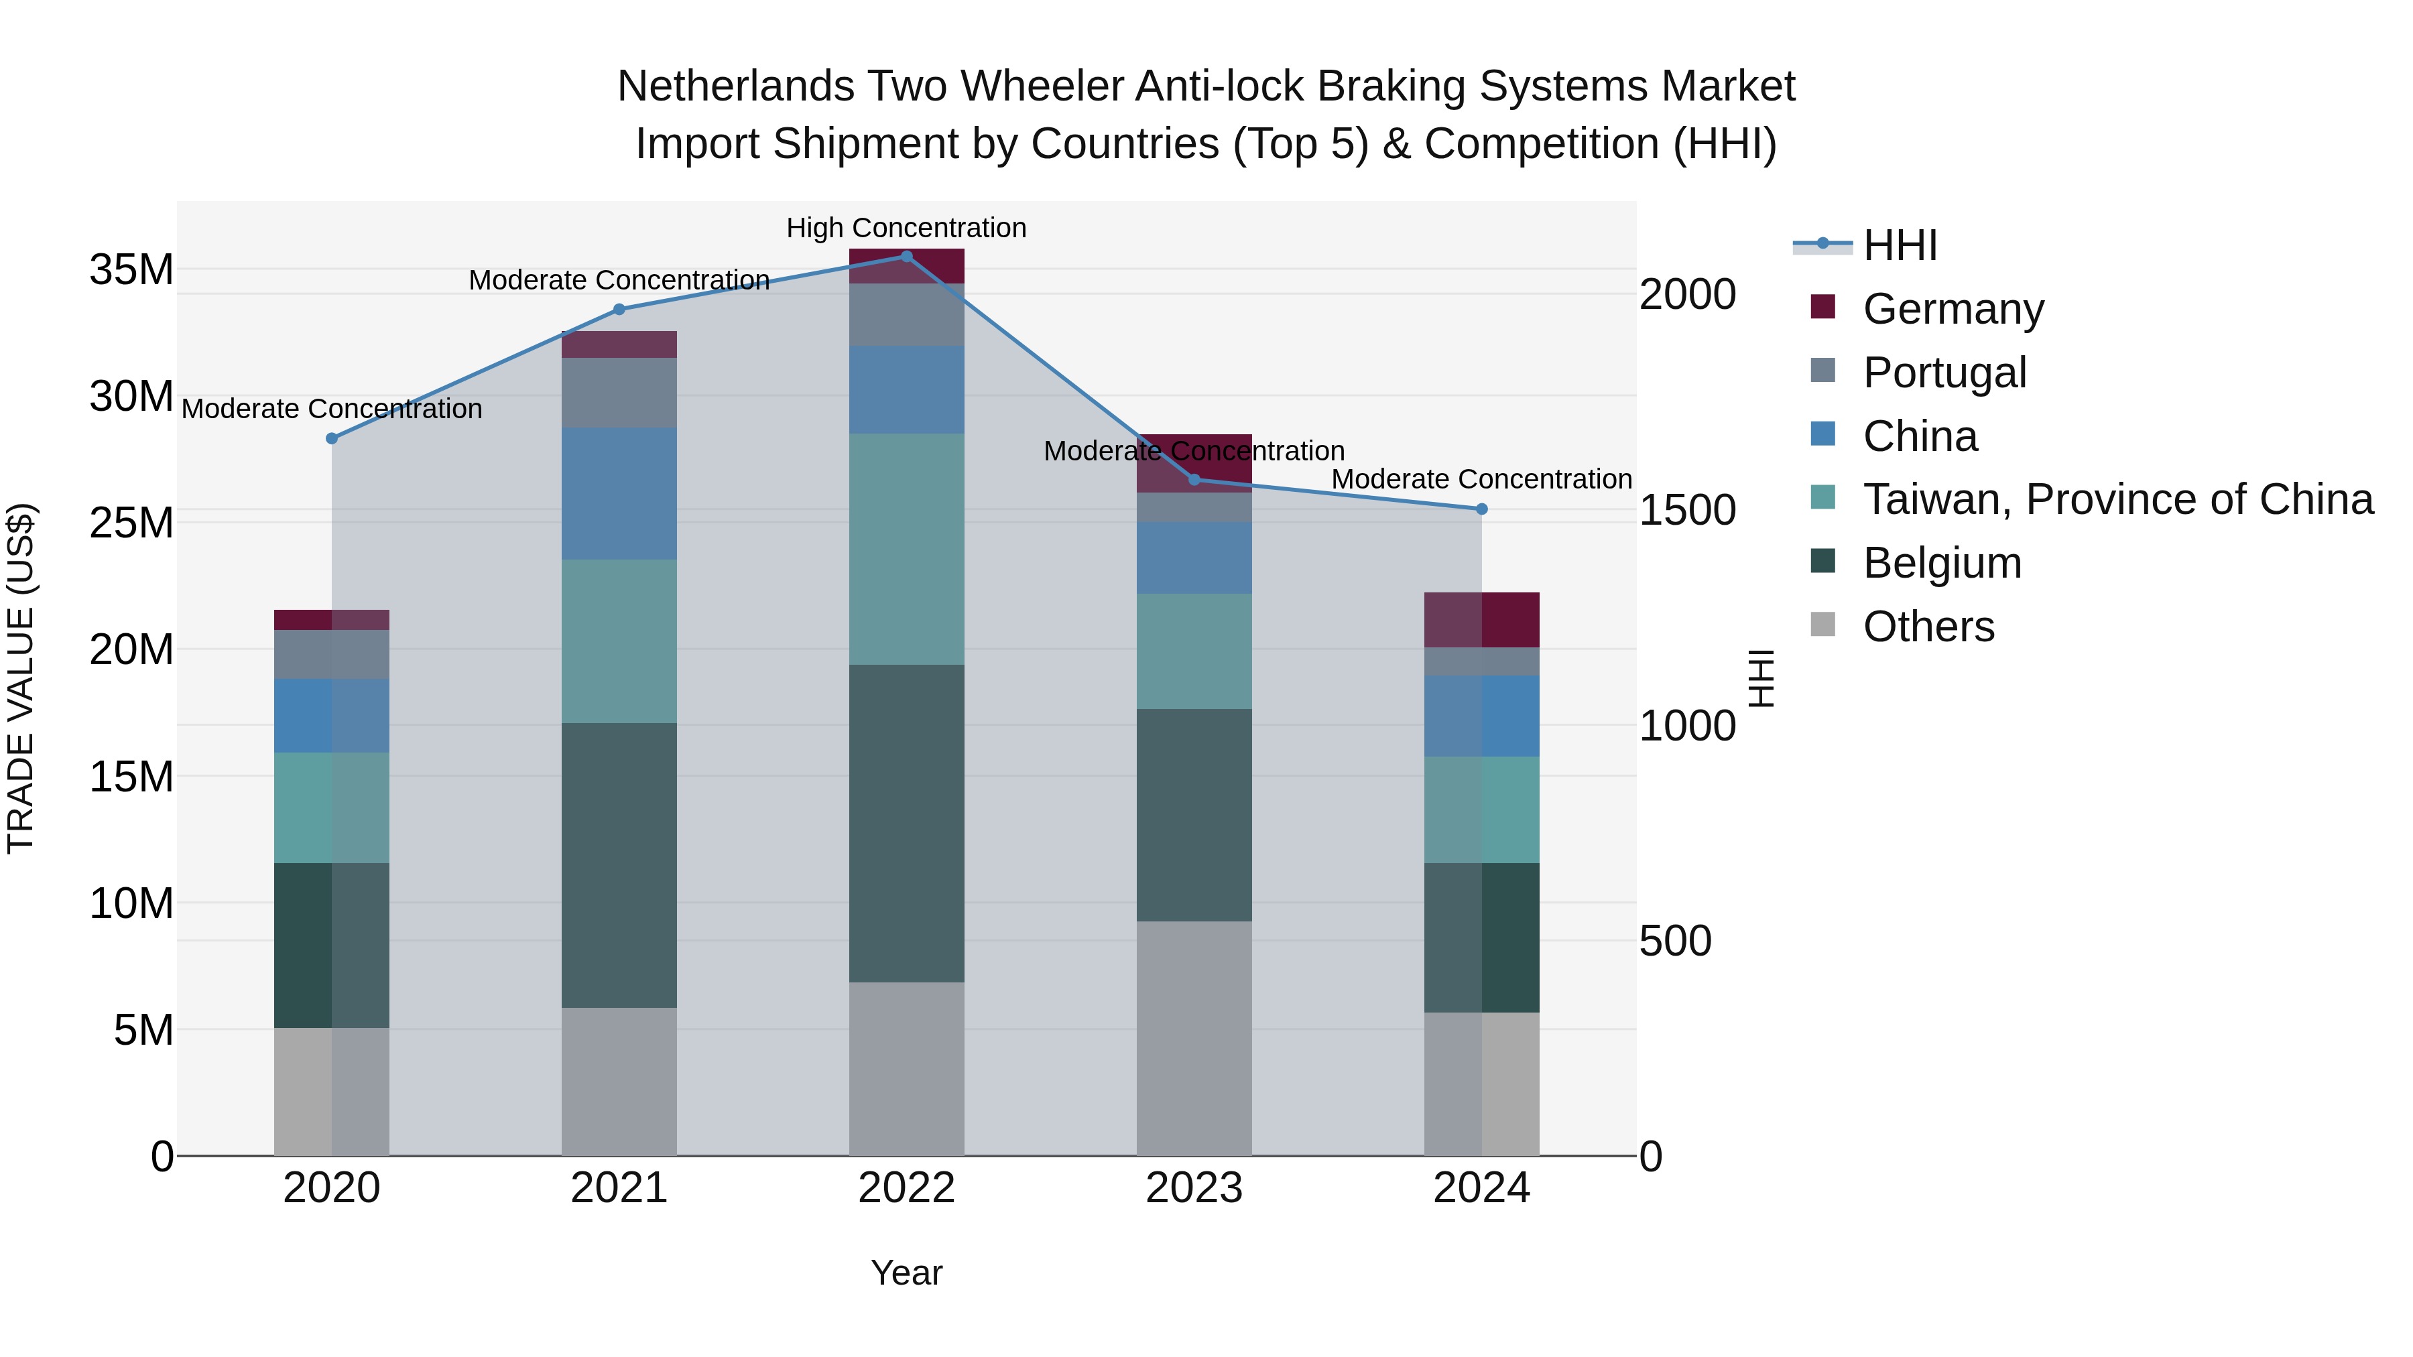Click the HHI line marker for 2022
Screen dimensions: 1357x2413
tap(906, 256)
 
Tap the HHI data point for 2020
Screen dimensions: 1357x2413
tap(332, 438)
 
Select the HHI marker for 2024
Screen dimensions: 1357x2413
tap(1481, 509)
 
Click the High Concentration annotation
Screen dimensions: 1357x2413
tap(906, 228)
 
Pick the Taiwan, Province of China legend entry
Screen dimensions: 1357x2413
tap(2117, 499)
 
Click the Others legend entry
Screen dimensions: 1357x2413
tap(1928, 627)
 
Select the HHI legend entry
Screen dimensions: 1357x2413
tap(1899, 245)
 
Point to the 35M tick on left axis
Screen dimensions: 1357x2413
tap(131, 269)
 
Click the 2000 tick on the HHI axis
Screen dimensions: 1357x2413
tap(1687, 294)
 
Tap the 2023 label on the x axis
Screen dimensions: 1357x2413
tap(1193, 1188)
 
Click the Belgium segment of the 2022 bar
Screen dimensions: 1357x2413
tap(906, 824)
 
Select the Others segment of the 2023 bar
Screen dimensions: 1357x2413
tap(1193, 1037)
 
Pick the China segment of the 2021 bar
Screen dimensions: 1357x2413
tap(618, 493)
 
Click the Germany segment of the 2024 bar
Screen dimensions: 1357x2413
tap(1481, 619)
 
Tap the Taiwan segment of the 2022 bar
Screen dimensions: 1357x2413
tap(906, 549)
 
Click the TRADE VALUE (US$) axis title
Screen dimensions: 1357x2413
tap(21, 678)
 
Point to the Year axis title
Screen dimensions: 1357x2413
tap(906, 1273)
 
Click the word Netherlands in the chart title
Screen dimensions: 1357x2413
tap(735, 86)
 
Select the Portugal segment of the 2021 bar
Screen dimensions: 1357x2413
tap(618, 393)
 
